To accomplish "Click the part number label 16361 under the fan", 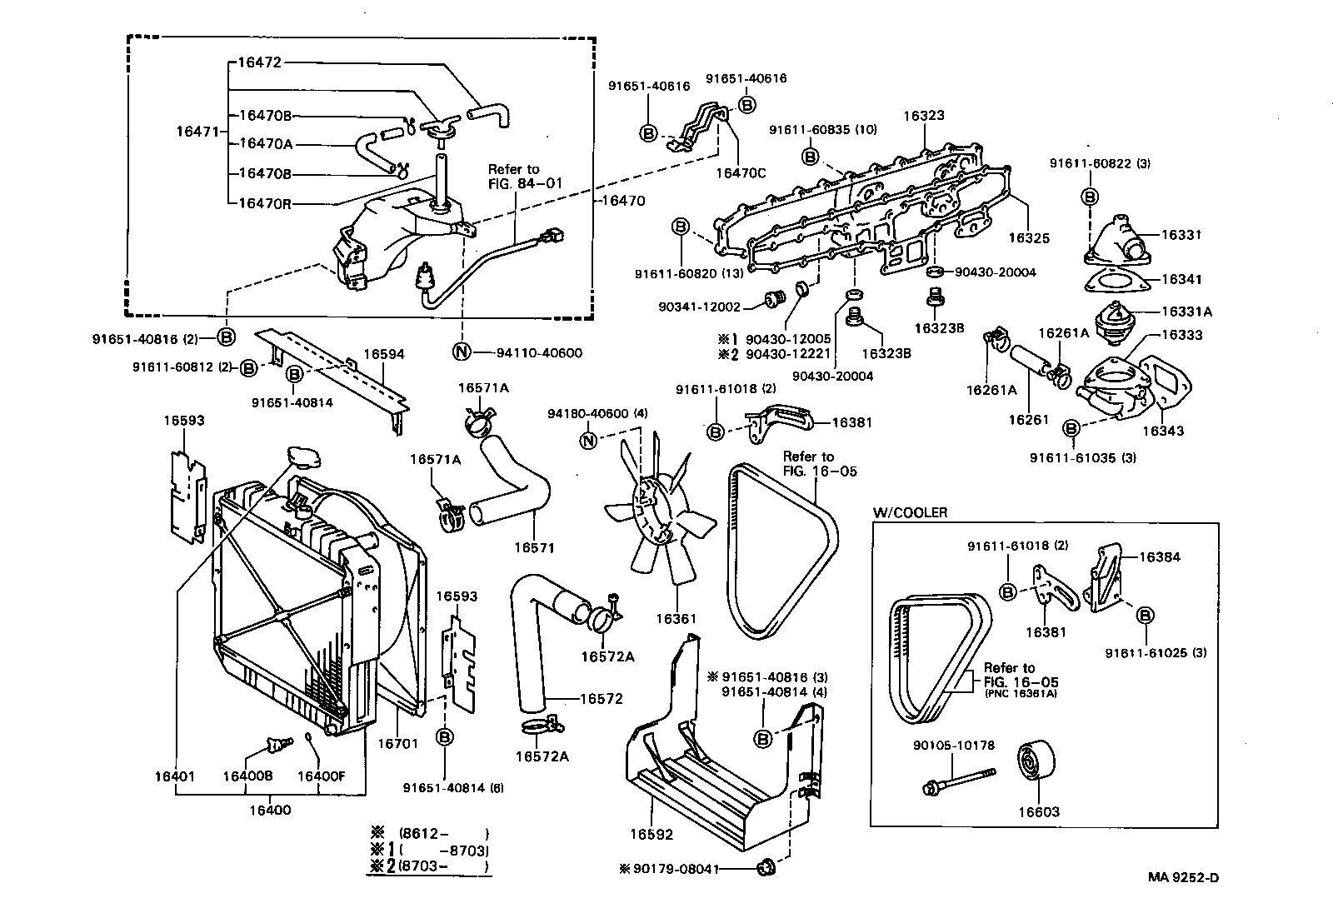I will (x=675, y=619).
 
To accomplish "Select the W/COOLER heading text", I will (x=910, y=512).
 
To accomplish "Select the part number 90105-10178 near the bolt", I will (x=946, y=746).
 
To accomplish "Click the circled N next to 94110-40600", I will (x=462, y=352).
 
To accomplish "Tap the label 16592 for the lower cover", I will (x=651, y=834).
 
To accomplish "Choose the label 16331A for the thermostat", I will (x=1187, y=312).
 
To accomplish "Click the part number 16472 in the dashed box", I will (x=260, y=62).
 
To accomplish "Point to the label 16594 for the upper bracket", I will (x=384, y=354).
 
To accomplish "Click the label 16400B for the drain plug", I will (x=247, y=776).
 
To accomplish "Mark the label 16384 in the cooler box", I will (x=1160, y=556).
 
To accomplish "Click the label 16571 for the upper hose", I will (x=534, y=548).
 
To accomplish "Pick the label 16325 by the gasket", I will (x=1028, y=238).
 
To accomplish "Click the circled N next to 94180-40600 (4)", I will (x=588, y=441).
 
